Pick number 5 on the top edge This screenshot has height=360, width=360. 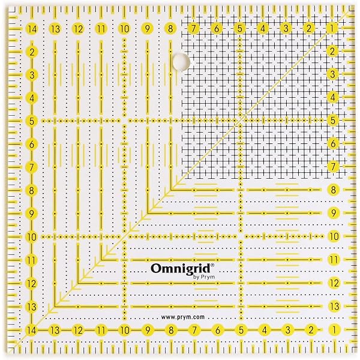click(x=240, y=28)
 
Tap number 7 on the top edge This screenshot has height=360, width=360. click(x=194, y=28)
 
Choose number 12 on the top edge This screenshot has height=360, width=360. click(x=78, y=28)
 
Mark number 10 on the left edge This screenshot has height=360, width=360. click(x=31, y=236)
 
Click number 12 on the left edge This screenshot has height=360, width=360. click(x=31, y=283)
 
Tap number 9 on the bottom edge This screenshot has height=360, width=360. click(x=148, y=329)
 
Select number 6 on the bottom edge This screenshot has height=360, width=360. click(x=217, y=329)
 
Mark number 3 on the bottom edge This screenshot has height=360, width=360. click(x=287, y=329)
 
